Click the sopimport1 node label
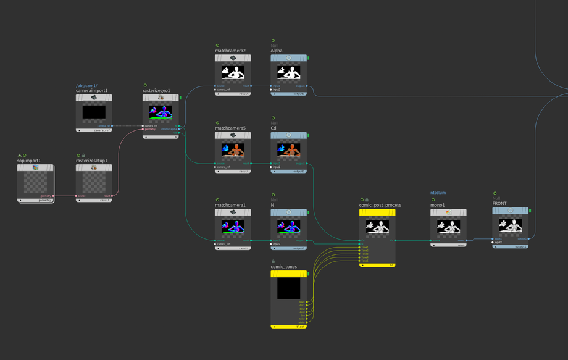28,161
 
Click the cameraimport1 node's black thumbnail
94,112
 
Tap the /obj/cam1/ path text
86,85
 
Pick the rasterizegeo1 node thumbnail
161,112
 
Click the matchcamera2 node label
230,51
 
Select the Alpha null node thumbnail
288,72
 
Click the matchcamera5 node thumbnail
233,150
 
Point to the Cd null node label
274,128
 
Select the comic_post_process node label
380,205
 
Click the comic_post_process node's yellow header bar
377,212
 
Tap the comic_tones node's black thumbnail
288,288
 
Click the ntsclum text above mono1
438,193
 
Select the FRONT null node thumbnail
511,225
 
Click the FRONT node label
499,203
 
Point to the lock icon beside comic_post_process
367,199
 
